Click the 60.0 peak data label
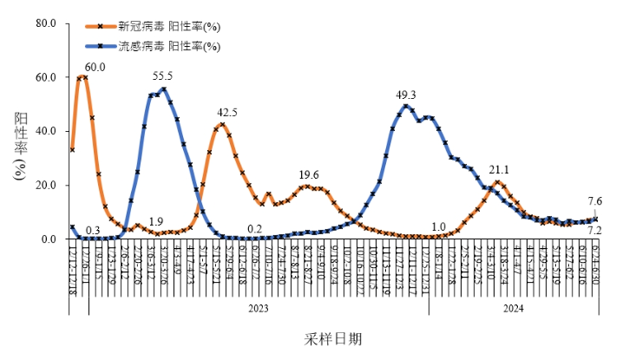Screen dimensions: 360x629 (95, 67)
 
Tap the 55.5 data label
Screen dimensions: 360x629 (162, 76)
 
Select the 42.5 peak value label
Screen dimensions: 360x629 (227, 113)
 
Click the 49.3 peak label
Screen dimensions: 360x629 (406, 95)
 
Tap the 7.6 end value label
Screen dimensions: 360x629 (595, 201)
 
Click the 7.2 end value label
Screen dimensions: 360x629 (595, 231)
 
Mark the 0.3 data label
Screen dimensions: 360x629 (93, 230)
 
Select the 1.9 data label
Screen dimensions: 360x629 (156, 221)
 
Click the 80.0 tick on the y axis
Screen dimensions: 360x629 (47, 23)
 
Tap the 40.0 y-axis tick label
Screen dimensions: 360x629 (47, 131)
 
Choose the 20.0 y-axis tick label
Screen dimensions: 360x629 (47, 185)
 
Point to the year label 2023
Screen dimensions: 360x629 (259, 308)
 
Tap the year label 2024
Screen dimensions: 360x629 (513, 308)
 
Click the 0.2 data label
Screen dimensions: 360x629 (254, 229)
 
